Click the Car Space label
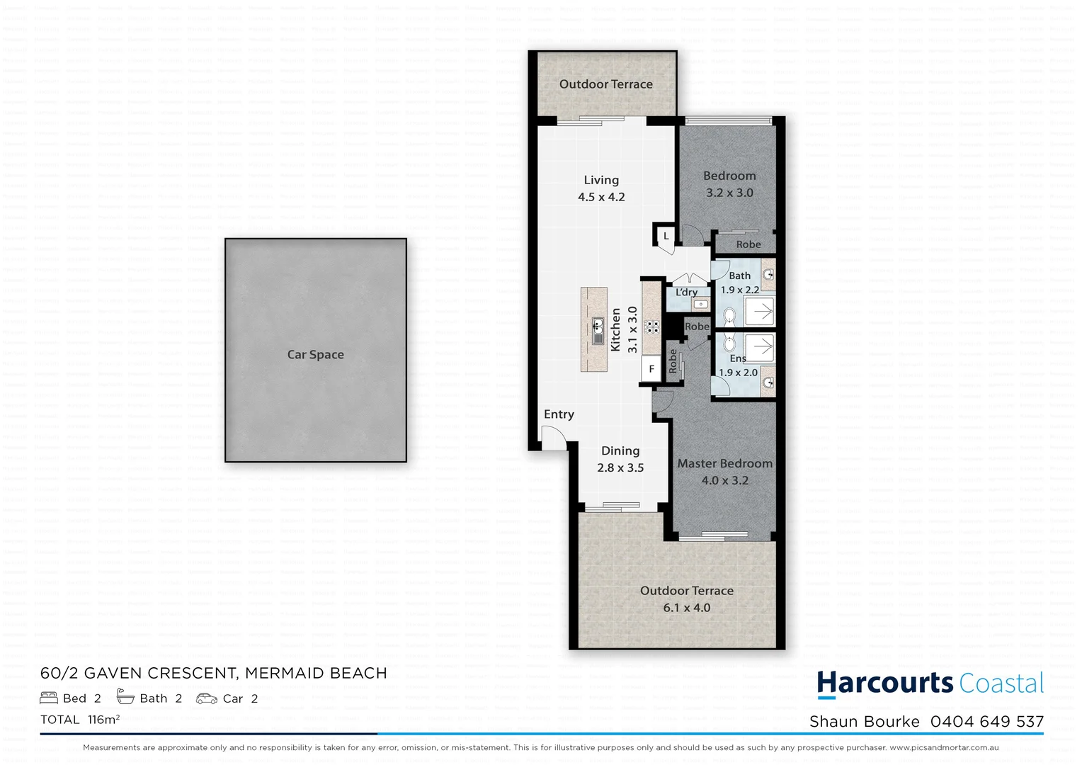point(315,354)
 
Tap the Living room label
point(601,180)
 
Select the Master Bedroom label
point(724,463)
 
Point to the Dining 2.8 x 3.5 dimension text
point(620,467)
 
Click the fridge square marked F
point(651,369)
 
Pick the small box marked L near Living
point(666,236)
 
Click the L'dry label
point(686,292)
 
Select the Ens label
point(738,358)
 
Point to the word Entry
point(559,414)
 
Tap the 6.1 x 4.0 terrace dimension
point(686,608)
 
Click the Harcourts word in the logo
point(884,683)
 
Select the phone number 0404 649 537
point(986,721)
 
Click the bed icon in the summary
point(49,698)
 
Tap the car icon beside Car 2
point(206,698)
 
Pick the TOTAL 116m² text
point(80,720)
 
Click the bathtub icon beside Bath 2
point(125,698)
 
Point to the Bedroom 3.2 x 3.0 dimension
point(729,193)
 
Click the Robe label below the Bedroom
point(748,244)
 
